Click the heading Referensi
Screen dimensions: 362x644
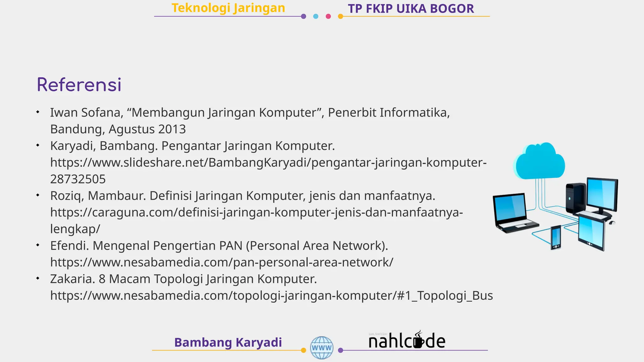(79, 85)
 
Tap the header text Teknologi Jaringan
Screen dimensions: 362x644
(228, 8)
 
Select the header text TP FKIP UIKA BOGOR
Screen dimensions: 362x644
(411, 9)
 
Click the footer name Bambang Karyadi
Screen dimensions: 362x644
(228, 342)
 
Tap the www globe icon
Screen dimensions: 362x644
(321, 348)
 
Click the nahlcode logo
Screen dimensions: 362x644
(407, 341)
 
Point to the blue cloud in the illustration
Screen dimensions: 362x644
(539, 161)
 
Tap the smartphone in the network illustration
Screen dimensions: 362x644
(556, 237)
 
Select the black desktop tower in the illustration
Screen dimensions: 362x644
(575, 198)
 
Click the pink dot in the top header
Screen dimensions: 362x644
(328, 16)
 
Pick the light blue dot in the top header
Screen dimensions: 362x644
(316, 16)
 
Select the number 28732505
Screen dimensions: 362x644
(78, 179)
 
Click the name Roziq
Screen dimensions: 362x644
(67, 196)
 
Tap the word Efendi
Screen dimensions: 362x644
(69, 246)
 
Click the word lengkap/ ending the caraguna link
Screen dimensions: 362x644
(75, 229)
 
